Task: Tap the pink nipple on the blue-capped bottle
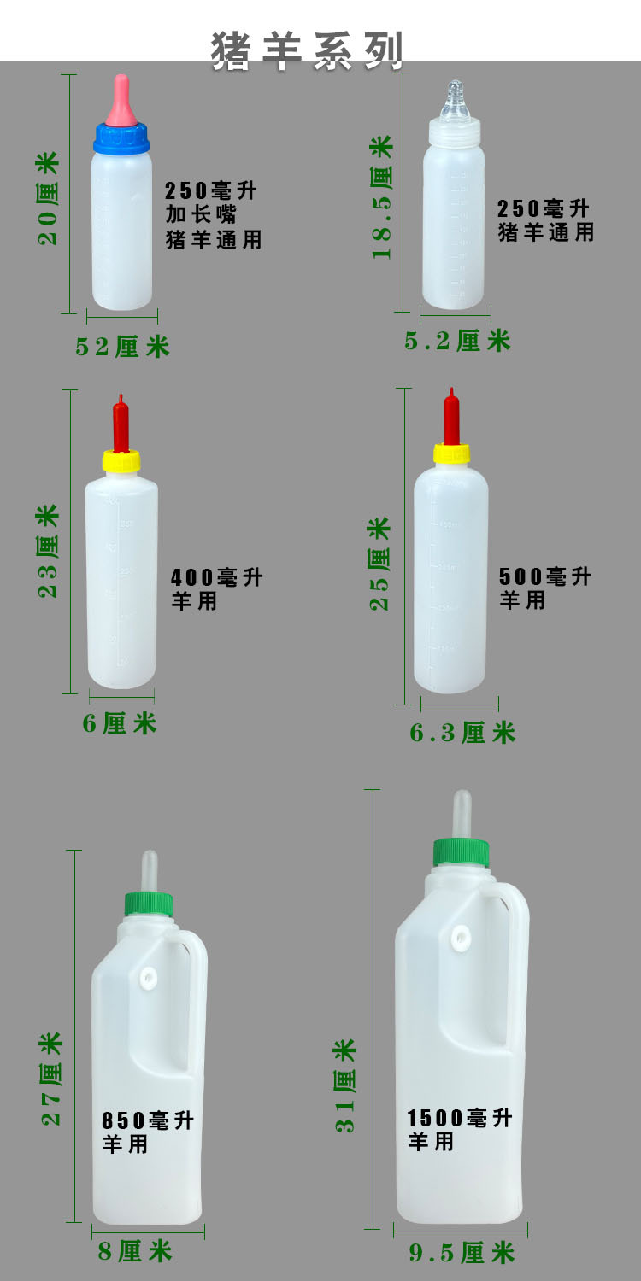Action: tap(121, 100)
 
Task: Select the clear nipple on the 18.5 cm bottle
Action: tap(455, 101)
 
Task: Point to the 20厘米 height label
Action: tap(49, 198)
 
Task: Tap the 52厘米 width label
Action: tap(122, 346)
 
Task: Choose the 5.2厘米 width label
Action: tap(457, 341)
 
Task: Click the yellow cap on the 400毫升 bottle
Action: tap(121, 462)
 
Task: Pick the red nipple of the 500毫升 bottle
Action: tap(451, 418)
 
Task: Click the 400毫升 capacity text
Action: tap(216, 577)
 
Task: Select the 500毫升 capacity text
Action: tap(545, 576)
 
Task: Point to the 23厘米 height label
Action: tap(49, 551)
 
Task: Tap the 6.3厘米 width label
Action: tap(462, 732)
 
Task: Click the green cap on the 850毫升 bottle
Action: tap(149, 905)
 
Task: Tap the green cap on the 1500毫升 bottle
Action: tap(461, 852)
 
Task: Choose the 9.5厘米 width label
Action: tap(462, 1253)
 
